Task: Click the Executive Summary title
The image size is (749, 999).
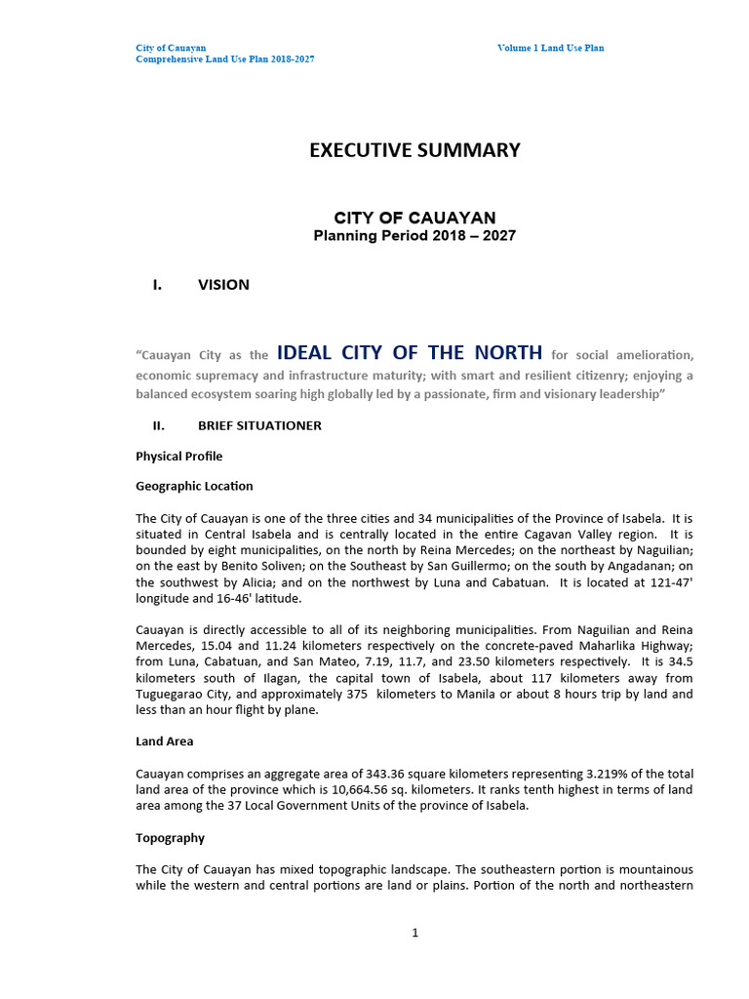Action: pos(414,150)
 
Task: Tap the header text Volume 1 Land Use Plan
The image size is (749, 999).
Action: pos(550,48)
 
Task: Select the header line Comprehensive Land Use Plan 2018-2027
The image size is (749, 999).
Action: pos(224,60)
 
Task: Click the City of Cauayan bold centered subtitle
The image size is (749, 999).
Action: pos(414,218)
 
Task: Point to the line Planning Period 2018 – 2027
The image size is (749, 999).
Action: pos(414,236)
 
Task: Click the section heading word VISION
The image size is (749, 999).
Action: pos(223,285)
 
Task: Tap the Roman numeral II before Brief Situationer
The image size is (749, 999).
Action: pos(159,426)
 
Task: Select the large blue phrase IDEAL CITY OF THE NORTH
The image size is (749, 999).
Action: pos(410,353)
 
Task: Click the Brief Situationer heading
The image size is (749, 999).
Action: pos(259,426)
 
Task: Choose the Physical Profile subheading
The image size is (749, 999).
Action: pos(178,457)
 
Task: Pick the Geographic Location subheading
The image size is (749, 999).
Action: pos(194,486)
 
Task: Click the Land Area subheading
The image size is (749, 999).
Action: pos(164,741)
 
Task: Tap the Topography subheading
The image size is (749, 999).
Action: pos(170,838)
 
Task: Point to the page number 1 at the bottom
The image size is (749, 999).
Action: pos(414,933)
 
